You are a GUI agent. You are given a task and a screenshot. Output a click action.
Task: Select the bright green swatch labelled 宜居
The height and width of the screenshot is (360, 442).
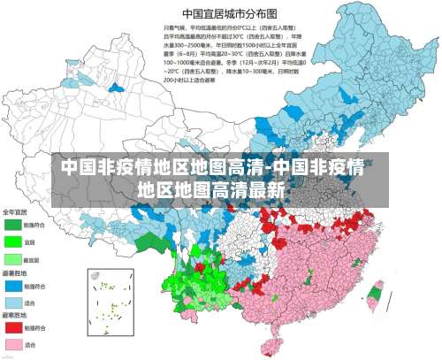coord(13,241)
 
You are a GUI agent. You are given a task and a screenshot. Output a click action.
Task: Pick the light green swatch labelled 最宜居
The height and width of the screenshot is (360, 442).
coord(13,259)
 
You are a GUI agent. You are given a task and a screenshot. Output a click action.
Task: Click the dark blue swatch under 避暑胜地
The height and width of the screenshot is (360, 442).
coord(13,286)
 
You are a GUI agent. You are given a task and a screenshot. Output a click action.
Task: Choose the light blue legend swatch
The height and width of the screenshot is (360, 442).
coord(13,302)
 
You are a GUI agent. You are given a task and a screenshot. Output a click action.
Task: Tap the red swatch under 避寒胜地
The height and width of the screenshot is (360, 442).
coord(13,327)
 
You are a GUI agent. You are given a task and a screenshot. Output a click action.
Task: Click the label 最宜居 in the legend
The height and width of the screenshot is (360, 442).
coord(31,259)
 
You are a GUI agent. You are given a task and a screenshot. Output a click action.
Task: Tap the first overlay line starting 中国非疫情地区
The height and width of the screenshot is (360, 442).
coord(212,167)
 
